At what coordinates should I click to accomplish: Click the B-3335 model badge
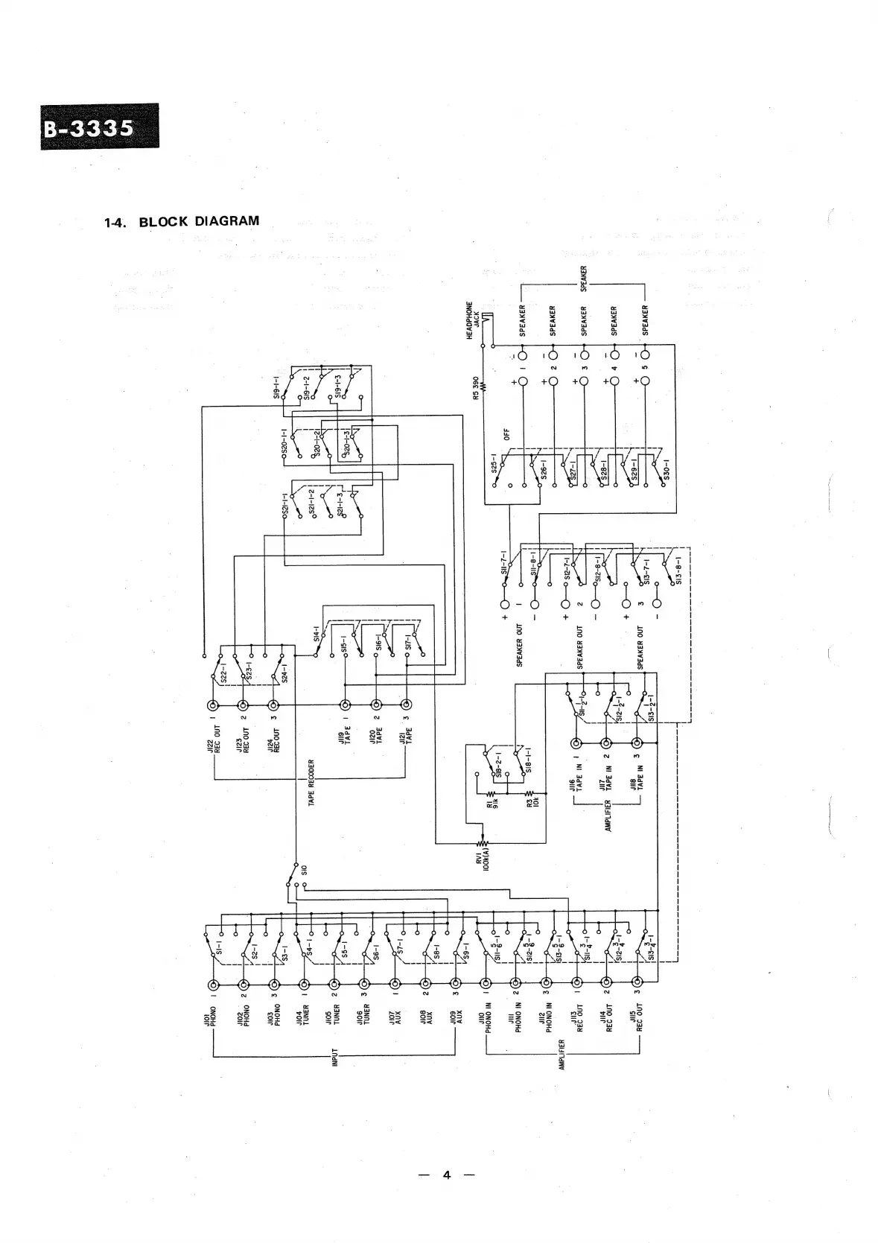click(100, 127)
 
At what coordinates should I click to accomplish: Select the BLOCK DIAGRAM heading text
click(199, 221)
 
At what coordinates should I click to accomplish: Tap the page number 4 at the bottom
click(446, 1175)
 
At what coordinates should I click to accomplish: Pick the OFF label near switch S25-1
click(506, 433)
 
